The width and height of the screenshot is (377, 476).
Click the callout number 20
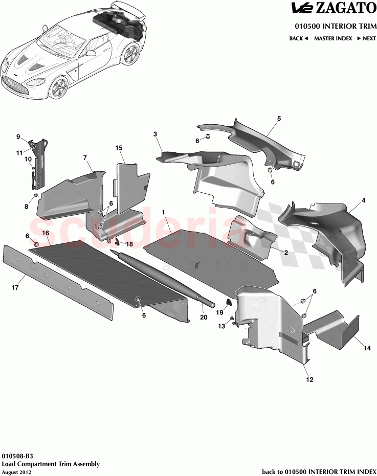(204, 318)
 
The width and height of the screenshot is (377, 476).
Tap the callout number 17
(15, 288)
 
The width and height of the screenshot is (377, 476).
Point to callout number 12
(309, 379)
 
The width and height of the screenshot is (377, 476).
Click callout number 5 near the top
(279, 119)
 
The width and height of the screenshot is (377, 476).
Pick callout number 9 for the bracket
(18, 137)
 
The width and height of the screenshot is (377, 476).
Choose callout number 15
(119, 148)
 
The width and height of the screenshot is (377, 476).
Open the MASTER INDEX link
(333, 38)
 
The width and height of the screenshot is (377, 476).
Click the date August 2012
(17, 472)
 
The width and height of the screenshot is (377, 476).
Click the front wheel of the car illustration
(60, 87)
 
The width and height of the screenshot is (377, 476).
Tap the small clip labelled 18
(116, 241)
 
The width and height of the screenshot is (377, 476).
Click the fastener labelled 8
(36, 196)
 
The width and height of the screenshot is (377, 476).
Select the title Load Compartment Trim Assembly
(51, 464)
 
